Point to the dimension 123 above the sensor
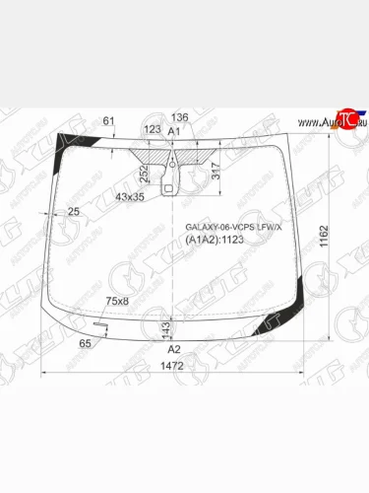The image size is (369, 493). (152, 129)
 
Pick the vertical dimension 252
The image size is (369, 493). (145, 175)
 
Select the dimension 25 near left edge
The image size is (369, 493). (73, 212)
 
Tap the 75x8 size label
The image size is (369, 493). (117, 301)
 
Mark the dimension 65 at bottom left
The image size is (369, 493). (85, 342)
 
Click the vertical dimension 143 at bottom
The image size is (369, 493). (165, 327)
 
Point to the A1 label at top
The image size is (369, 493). (174, 131)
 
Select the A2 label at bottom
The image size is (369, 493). (174, 349)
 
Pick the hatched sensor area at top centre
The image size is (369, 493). (159, 154)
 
